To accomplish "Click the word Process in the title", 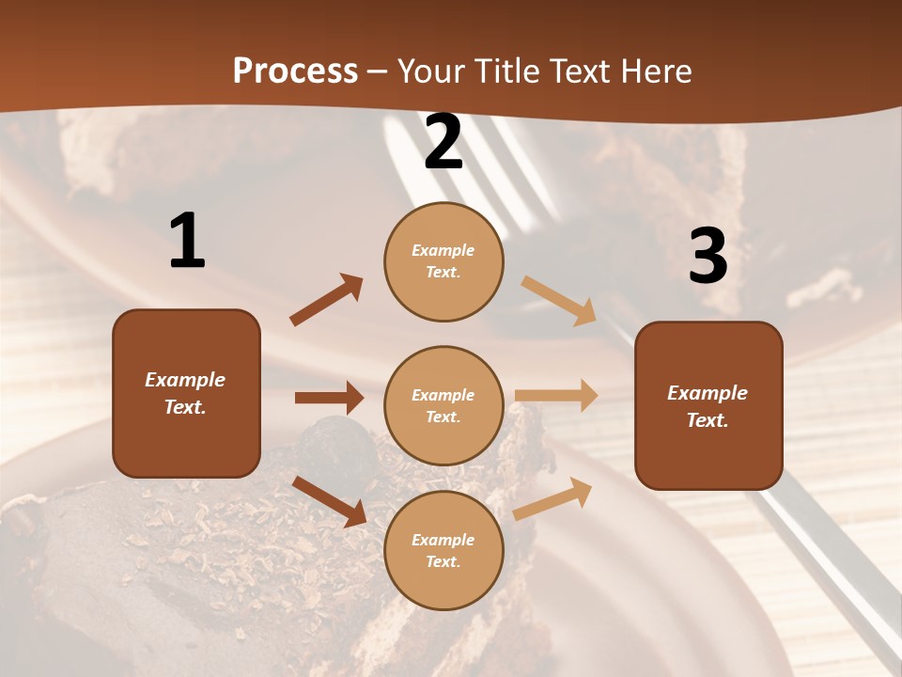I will [295, 71].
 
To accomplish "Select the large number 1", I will [187, 242].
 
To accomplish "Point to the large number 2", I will [443, 143].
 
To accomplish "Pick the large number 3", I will [708, 257].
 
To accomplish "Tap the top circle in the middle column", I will [443, 261].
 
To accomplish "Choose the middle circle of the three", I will [443, 406].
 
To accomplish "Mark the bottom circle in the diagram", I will [443, 551].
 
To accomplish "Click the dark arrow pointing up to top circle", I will [327, 300].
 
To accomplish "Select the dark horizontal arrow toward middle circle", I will [329, 398].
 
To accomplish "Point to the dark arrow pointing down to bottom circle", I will [330, 500].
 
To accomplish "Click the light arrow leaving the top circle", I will [558, 299].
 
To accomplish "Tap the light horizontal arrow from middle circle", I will [556, 395].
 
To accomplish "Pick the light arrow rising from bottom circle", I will [553, 498].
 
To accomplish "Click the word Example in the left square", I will [185, 380].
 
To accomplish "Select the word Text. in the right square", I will [708, 420].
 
